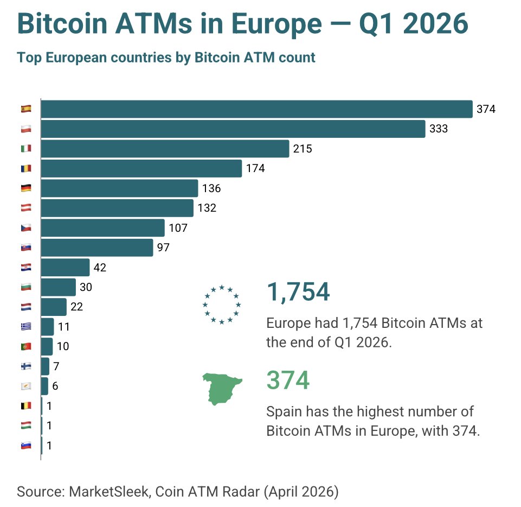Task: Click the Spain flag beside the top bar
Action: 26,109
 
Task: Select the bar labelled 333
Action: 233,129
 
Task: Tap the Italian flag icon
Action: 26,149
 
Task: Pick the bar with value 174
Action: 141,168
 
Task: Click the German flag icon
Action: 26,188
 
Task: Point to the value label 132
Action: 207,208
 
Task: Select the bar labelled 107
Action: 102,228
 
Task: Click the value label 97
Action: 164,248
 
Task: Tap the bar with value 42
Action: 65,268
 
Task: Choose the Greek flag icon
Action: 26,327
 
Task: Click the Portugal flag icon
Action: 26,346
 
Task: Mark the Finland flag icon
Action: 26,366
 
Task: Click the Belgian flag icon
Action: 26,405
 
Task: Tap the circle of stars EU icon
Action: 221,305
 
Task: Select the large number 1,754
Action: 298,292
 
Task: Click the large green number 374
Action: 288,380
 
